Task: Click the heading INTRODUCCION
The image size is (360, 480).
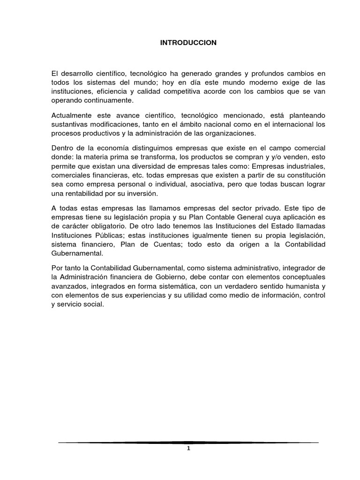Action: [x=188, y=43]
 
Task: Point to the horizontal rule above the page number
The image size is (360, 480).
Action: [x=188, y=442]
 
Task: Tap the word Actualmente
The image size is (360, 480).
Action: [x=70, y=115]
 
